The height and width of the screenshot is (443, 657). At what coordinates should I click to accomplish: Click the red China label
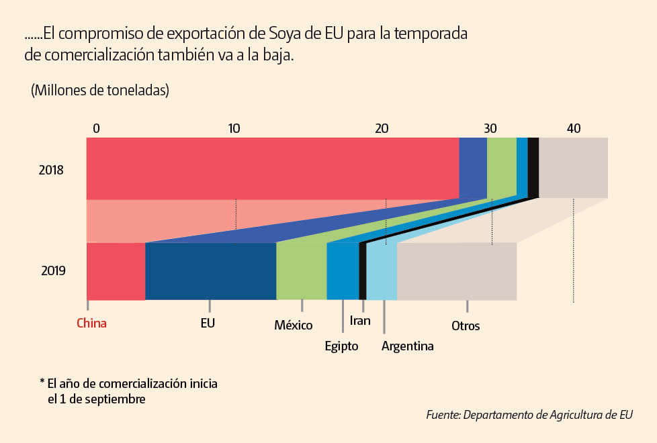click(91, 323)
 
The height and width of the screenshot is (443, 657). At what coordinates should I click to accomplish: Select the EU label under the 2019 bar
click(208, 323)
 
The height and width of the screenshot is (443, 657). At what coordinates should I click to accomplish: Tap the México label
click(293, 326)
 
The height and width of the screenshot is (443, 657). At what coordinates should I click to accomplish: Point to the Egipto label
click(341, 346)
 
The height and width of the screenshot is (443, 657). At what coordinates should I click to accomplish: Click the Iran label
click(360, 320)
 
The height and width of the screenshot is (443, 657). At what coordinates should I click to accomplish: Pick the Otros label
click(466, 326)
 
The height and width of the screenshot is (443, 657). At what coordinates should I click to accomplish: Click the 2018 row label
click(51, 170)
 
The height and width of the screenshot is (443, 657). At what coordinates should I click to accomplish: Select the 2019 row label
click(53, 271)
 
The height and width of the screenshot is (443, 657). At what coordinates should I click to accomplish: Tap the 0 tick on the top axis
click(96, 128)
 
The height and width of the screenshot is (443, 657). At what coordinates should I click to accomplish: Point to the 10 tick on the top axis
click(234, 128)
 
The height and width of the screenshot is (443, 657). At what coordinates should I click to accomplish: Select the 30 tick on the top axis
click(490, 128)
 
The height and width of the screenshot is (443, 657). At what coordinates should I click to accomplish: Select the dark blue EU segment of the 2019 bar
click(210, 271)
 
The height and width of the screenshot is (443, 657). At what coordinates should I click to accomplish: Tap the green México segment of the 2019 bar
click(301, 271)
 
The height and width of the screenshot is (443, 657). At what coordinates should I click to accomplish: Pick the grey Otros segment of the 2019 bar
click(457, 271)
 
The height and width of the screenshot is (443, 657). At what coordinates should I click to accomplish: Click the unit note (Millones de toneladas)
click(99, 91)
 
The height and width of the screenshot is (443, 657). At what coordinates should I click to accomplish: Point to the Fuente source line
click(529, 415)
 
